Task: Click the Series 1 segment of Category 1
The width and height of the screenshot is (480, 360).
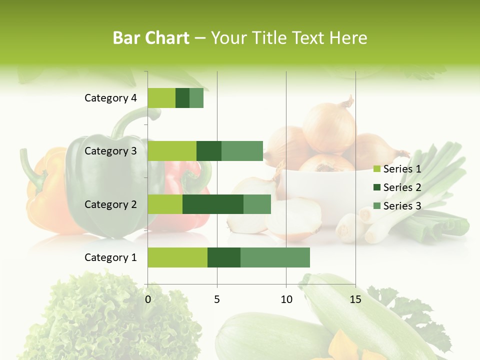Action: (x=177, y=257)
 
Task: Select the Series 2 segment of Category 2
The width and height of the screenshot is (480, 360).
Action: (x=213, y=204)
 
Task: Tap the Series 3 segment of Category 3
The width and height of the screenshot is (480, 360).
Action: (x=242, y=151)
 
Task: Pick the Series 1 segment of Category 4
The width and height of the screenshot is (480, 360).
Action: (x=161, y=98)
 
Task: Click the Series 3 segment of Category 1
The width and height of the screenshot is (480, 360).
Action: (x=275, y=257)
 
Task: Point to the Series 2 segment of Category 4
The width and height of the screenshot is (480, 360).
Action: (x=182, y=98)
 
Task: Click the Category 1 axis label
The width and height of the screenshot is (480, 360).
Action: (x=110, y=257)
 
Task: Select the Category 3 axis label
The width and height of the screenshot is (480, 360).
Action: (x=110, y=151)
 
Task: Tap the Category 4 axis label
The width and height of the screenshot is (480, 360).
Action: (x=110, y=98)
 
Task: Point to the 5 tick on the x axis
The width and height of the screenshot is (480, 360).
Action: (x=217, y=299)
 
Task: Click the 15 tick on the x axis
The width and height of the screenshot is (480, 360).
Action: (x=355, y=299)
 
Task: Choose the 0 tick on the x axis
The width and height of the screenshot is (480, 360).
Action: (x=148, y=299)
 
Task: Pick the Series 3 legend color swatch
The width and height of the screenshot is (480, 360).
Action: (x=377, y=206)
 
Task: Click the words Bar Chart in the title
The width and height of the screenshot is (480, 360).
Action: (x=151, y=38)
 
